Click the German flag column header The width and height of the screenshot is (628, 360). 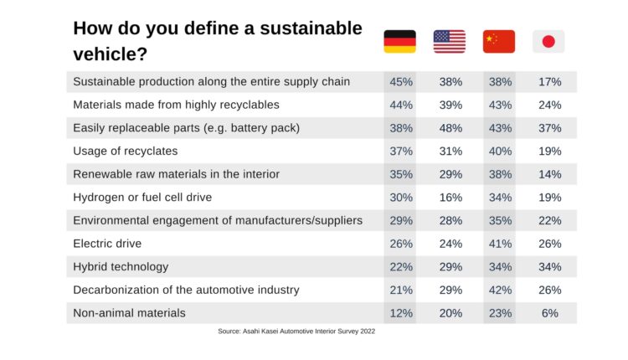tap(399, 41)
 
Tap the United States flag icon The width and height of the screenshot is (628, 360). tap(449, 41)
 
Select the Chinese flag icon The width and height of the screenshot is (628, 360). tap(499, 41)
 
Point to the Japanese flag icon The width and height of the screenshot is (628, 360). tap(548, 41)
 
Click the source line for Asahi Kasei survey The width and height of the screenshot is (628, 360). tap(296, 332)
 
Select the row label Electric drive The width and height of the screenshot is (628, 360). tap(107, 244)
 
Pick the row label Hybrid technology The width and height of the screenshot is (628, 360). tap(121, 266)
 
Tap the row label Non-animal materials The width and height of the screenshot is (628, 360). tap(129, 312)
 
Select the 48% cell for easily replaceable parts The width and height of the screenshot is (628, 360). tap(450, 128)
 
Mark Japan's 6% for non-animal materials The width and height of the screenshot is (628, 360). tap(549, 312)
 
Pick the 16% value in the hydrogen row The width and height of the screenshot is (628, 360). tap(450, 198)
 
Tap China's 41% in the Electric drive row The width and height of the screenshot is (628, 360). tap(499, 244)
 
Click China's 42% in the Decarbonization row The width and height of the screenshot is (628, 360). tap(499, 290)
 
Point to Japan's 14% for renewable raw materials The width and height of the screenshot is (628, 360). tap(549, 174)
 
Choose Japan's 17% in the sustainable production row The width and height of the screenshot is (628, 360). tap(549, 82)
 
